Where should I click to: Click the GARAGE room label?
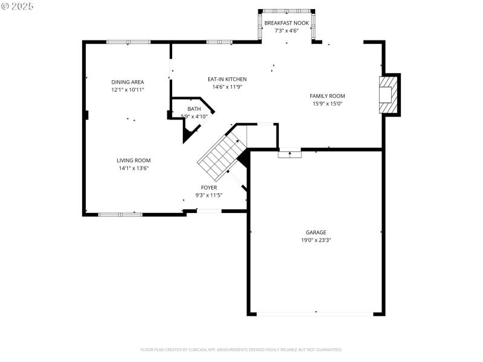tap(315, 232)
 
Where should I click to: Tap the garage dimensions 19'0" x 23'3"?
tap(315, 240)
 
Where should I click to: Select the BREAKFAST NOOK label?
tap(286, 23)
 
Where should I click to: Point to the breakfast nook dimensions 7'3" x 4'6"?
tap(286, 30)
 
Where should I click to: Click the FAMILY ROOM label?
tap(327, 96)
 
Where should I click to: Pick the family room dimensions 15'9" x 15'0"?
tap(327, 103)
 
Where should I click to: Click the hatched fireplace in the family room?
tap(389, 95)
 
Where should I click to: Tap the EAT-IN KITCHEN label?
tap(227, 79)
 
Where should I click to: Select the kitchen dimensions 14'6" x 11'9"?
tap(227, 86)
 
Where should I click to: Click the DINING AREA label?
tap(127, 82)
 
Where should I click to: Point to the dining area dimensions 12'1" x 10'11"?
tap(127, 89)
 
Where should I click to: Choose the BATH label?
tap(194, 109)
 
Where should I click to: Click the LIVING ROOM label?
tap(133, 160)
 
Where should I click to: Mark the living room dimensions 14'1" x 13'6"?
tap(133, 168)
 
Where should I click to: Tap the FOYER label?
tap(209, 188)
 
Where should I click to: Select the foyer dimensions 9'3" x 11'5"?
tap(209, 195)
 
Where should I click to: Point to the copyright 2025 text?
tap(18, 5)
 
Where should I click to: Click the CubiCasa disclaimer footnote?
tap(241, 349)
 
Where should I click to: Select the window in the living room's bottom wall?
tap(120, 214)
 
